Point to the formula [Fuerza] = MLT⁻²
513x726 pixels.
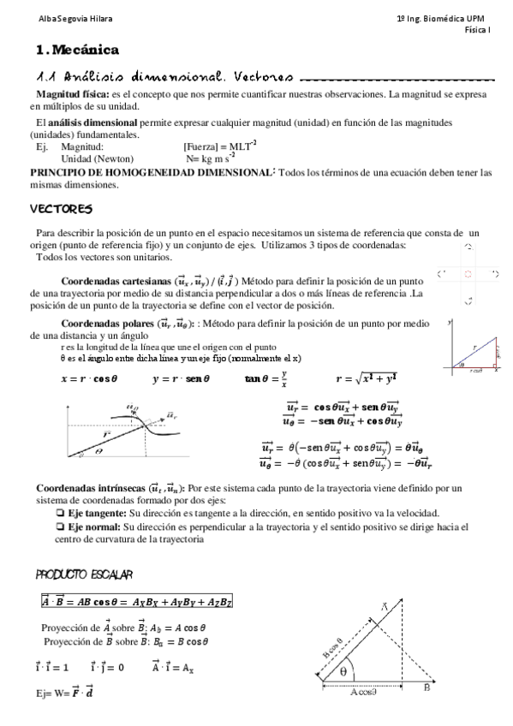point(220,147)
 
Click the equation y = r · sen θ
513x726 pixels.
point(182,378)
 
